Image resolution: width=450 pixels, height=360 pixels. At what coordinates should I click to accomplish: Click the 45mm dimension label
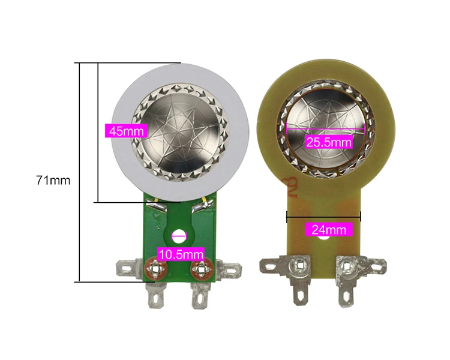(x=126, y=131)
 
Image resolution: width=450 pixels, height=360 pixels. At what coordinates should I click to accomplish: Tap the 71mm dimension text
(x=53, y=181)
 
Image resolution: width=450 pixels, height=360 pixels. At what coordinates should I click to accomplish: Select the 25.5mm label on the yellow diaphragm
(x=329, y=142)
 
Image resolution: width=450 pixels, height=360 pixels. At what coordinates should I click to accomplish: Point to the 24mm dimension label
(x=329, y=230)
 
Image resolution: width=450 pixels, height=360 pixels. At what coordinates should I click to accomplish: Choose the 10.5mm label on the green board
(x=181, y=254)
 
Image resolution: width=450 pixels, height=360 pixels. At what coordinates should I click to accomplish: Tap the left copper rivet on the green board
(x=155, y=269)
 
